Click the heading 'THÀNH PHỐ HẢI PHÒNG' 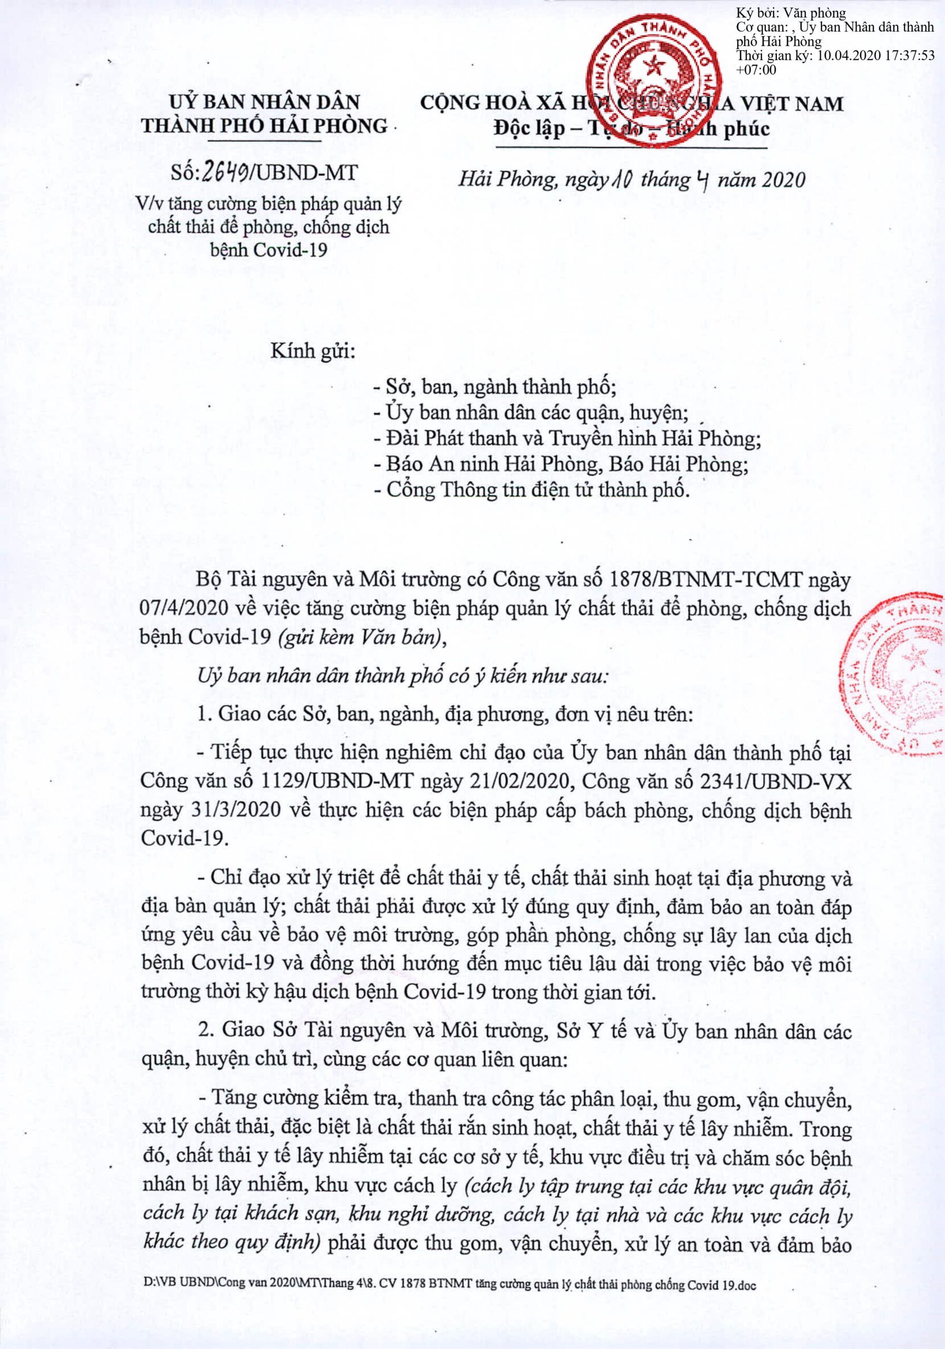[265, 126]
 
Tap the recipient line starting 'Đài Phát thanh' [567, 438]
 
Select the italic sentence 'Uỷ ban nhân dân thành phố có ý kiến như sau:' [403, 676]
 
